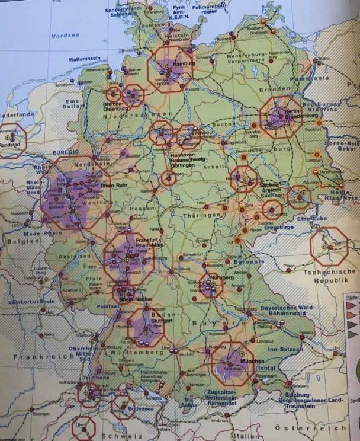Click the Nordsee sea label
coord(60,35)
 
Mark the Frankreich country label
coord(28,357)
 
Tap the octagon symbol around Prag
coord(329,245)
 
